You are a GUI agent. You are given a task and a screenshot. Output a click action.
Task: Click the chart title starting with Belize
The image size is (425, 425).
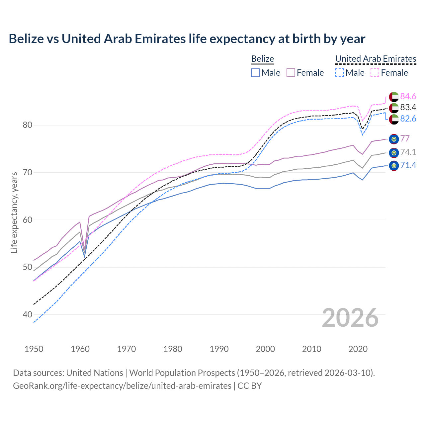pos(187,39)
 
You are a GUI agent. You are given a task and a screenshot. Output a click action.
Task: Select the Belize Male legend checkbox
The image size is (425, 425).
pos(255,73)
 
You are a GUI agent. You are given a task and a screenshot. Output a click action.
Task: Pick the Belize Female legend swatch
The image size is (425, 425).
pos(291,73)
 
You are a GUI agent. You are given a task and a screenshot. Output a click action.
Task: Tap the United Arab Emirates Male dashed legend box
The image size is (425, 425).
pos(339,73)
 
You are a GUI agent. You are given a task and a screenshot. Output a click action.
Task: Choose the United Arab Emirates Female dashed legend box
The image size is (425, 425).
pos(375,73)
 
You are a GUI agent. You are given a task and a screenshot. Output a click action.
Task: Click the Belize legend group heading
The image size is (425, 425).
pos(262,59)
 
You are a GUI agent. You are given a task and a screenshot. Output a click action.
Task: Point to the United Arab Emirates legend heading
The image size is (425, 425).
pos(376,59)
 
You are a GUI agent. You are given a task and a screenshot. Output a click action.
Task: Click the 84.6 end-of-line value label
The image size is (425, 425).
pos(408,97)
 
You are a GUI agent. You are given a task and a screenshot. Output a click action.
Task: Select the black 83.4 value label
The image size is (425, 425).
pos(408,108)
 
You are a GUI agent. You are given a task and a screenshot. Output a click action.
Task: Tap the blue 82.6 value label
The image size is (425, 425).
pos(408,119)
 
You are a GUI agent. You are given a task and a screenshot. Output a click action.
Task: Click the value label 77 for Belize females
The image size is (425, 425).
pos(405,138)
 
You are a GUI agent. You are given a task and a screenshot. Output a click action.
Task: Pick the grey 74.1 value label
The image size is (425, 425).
pos(408,152)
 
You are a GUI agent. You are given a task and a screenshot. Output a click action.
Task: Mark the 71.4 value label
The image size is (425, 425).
pos(408,165)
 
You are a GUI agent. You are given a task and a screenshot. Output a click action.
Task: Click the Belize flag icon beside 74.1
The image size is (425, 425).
pos(394,153)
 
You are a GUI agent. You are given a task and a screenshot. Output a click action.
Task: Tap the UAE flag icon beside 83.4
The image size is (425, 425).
pos(394,108)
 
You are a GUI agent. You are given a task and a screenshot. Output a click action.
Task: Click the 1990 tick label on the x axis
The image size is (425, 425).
pos(219,349)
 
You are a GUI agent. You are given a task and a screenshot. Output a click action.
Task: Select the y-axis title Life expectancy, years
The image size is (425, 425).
pos(14,212)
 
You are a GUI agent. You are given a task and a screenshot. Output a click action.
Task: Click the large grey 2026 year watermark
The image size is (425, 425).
pos(350,318)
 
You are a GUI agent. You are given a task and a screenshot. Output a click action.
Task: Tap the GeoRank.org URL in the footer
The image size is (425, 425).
pos(122,386)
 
